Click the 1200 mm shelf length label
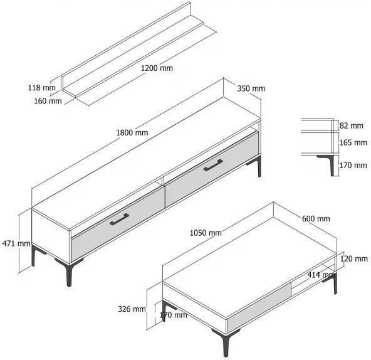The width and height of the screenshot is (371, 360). pyautogui.click(x=157, y=68)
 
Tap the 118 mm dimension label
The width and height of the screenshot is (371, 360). pyautogui.click(x=42, y=88)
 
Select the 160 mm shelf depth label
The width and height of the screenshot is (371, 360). pyautogui.click(x=48, y=101)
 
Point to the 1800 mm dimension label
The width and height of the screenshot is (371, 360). pyautogui.click(x=132, y=132)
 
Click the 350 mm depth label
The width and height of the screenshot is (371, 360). pyautogui.click(x=251, y=88)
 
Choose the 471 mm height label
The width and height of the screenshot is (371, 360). pyautogui.click(x=16, y=243)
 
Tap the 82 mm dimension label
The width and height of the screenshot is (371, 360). pyautogui.click(x=352, y=125)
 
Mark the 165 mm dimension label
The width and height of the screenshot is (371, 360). pyautogui.click(x=353, y=142)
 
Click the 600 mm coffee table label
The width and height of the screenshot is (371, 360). pyautogui.click(x=316, y=218)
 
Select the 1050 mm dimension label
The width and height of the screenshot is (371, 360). pyautogui.click(x=206, y=233)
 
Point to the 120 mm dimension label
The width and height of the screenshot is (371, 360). pyautogui.click(x=353, y=258)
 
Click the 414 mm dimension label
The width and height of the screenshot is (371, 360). pyautogui.click(x=321, y=275)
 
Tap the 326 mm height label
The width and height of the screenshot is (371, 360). pyautogui.click(x=132, y=309)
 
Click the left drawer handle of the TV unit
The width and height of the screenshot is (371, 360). pyautogui.click(x=119, y=219)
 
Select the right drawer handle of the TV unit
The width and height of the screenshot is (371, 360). pyautogui.click(x=213, y=165)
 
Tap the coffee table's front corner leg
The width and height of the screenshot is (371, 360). pyautogui.click(x=226, y=342)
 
